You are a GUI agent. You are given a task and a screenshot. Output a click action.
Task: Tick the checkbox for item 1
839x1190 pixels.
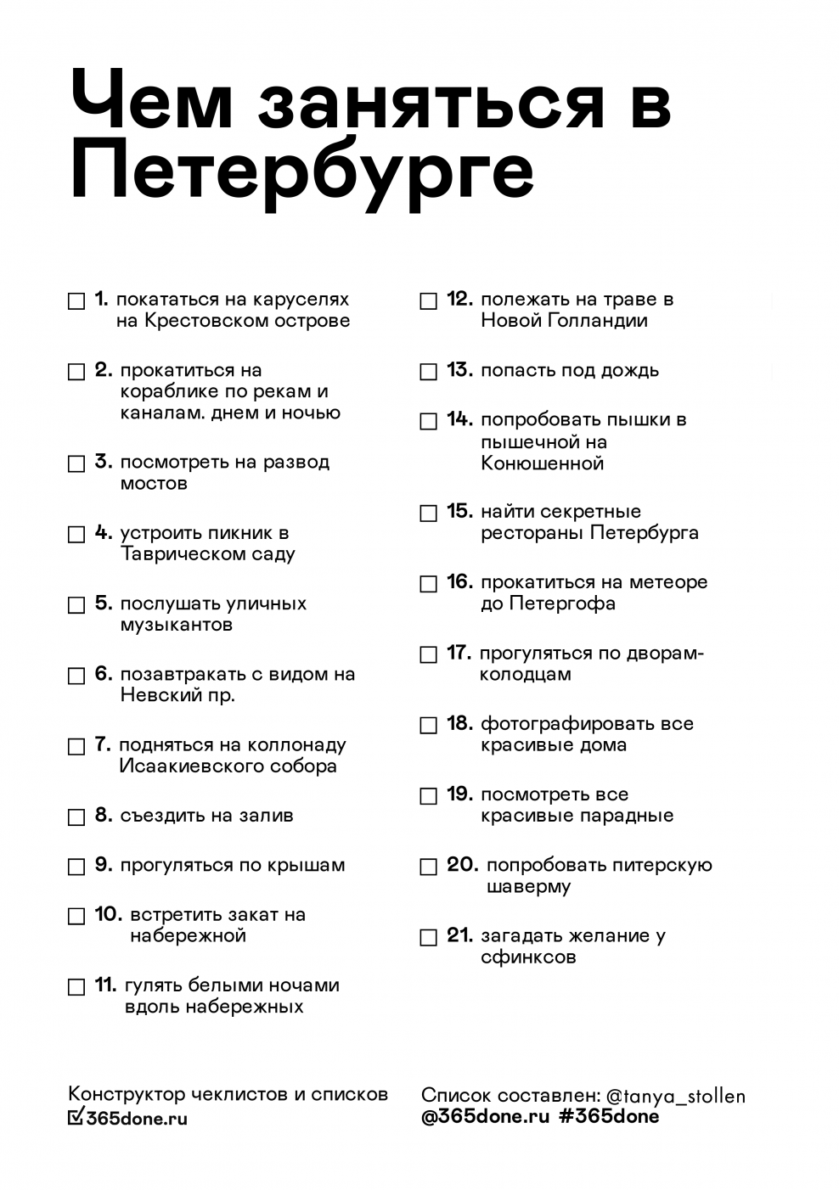click(76, 301)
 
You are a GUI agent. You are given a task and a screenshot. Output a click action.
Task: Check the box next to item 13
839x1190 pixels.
click(429, 372)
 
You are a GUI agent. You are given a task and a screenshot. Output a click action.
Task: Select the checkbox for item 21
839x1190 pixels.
click(429, 937)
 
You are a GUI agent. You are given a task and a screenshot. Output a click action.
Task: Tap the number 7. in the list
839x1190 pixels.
click(103, 744)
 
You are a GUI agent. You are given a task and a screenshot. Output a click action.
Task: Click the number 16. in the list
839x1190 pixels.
click(459, 582)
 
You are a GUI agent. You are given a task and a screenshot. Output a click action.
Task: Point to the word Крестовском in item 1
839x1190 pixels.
click(199, 321)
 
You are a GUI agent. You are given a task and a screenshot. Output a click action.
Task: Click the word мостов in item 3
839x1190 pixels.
click(154, 484)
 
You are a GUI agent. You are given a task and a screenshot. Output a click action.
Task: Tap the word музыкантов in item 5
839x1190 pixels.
click(176, 626)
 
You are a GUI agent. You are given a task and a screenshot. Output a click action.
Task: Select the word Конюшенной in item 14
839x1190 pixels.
click(542, 463)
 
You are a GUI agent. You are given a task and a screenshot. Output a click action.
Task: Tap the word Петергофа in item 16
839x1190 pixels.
click(562, 603)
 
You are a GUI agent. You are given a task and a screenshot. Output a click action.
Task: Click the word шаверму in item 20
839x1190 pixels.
click(528, 887)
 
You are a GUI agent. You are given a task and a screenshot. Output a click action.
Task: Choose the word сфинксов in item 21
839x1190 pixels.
click(528, 957)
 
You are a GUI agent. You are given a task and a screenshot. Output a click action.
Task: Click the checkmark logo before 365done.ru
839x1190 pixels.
click(76, 1117)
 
